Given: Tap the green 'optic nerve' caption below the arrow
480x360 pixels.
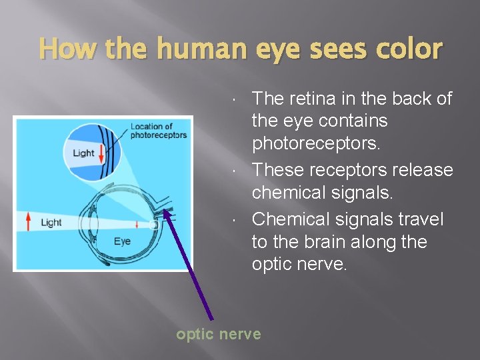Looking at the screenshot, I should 218,334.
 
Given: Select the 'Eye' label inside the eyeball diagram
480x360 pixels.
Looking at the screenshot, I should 122,241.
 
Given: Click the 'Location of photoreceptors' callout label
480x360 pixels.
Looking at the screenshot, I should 159,131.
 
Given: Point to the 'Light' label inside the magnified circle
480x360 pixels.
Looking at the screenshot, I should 83,153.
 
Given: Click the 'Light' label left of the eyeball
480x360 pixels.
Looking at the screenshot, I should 51,222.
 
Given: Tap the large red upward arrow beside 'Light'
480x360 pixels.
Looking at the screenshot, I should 28,221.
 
